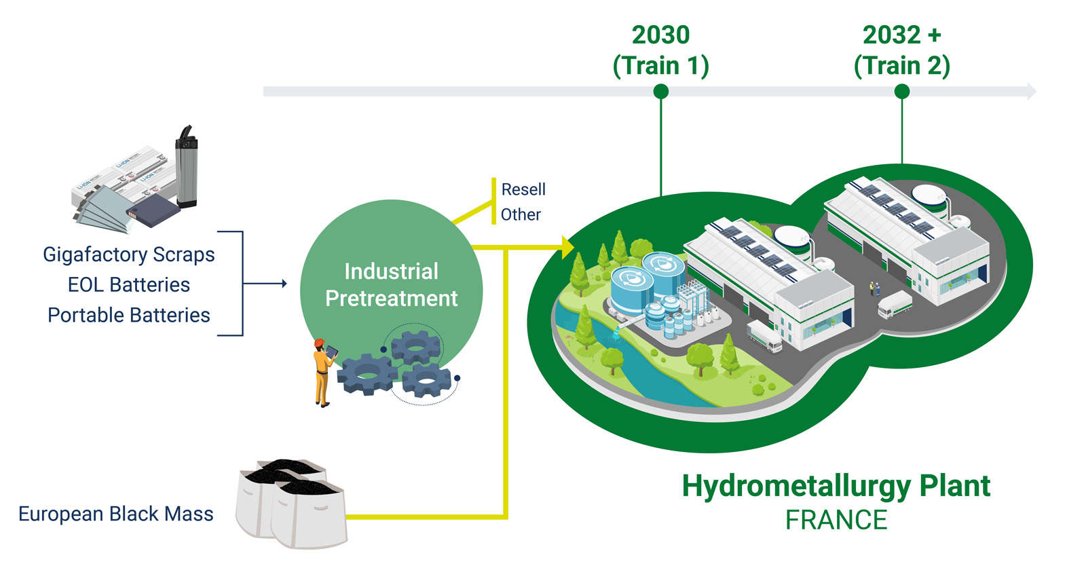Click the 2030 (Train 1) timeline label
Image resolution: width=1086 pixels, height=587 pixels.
[660, 50]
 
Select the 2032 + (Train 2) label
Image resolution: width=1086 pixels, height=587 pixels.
[901, 50]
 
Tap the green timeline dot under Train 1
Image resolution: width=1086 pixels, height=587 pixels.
[660, 92]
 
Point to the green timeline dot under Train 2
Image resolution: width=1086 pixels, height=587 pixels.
[901, 92]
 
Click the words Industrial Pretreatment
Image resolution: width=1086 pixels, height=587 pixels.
[391, 285]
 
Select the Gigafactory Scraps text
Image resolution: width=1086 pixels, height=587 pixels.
[129, 254]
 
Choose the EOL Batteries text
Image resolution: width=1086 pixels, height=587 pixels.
[129, 285]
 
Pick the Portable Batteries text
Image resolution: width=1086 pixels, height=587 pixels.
[129, 316]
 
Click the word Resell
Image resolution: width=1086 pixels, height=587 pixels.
[523, 189]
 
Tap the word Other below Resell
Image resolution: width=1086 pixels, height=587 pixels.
[521, 215]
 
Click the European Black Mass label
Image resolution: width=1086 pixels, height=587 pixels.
[116, 514]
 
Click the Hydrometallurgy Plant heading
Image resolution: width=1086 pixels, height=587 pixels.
[836, 486]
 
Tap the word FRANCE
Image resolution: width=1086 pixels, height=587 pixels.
[836, 520]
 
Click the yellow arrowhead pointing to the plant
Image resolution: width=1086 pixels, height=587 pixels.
[567, 248]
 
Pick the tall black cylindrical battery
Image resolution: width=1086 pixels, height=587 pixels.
[186, 166]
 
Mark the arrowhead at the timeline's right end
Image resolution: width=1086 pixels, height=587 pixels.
[1032, 92]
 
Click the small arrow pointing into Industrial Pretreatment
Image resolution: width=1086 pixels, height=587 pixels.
[284, 284]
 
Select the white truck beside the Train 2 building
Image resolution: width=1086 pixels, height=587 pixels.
[894, 304]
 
